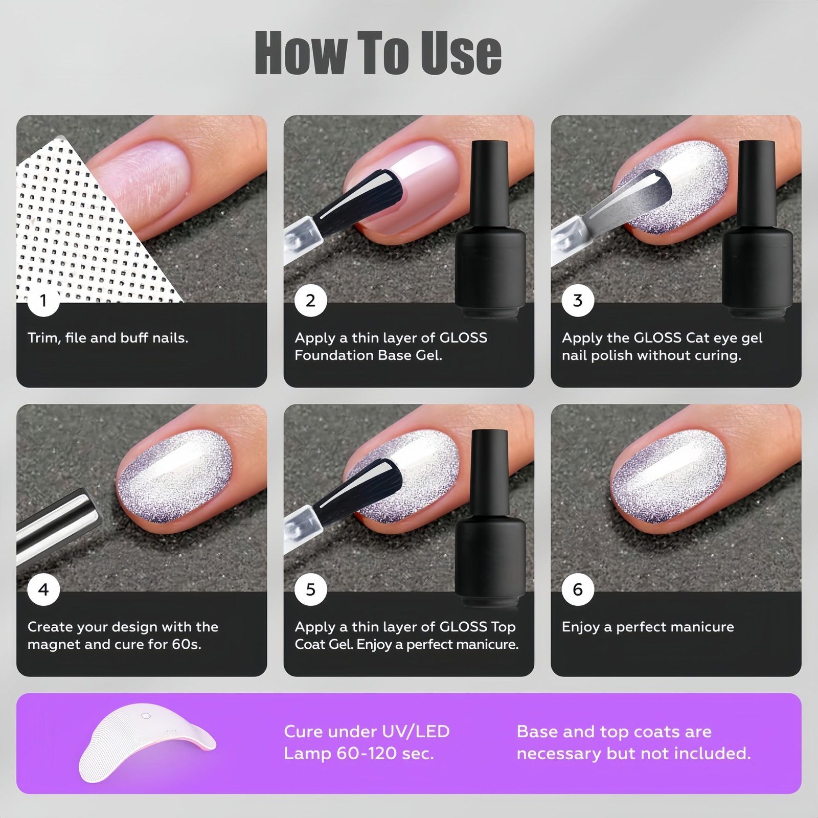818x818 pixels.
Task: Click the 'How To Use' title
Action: click(x=378, y=52)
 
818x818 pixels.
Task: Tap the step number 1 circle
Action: click(x=43, y=300)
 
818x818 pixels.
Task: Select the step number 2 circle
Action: click(x=310, y=300)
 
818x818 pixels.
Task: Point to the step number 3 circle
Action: click(x=578, y=300)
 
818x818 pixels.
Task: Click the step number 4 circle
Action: click(x=43, y=589)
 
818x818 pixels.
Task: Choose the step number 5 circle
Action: click(x=310, y=589)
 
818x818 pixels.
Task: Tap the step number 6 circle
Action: click(x=578, y=589)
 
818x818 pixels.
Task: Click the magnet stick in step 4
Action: click(x=56, y=527)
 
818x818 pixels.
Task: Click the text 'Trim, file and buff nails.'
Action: click(x=108, y=338)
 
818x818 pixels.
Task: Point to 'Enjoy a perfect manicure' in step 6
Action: click(x=648, y=627)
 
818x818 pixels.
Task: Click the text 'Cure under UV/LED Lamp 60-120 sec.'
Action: click(x=367, y=742)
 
